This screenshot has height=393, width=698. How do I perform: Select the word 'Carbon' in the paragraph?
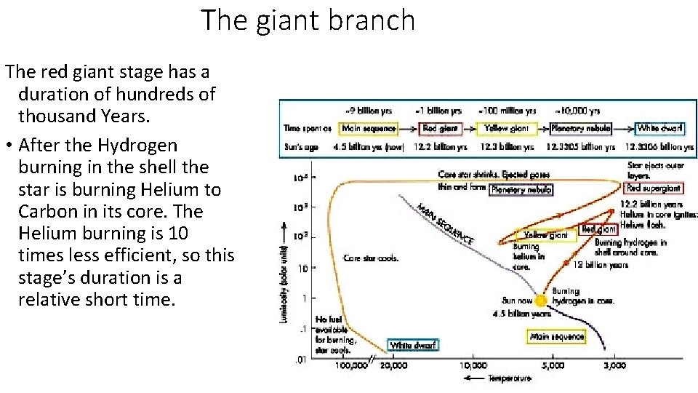[50, 211]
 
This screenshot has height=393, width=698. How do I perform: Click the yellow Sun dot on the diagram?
[541, 301]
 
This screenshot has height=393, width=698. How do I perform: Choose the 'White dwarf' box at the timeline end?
[660, 128]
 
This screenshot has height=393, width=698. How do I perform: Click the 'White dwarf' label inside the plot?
[413, 345]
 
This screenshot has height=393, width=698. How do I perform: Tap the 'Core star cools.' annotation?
[371, 258]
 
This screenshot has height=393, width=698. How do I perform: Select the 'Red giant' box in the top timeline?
[441, 129]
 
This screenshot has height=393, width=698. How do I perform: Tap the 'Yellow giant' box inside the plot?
[545, 235]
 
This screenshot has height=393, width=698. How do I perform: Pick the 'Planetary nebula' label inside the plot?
[521, 190]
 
